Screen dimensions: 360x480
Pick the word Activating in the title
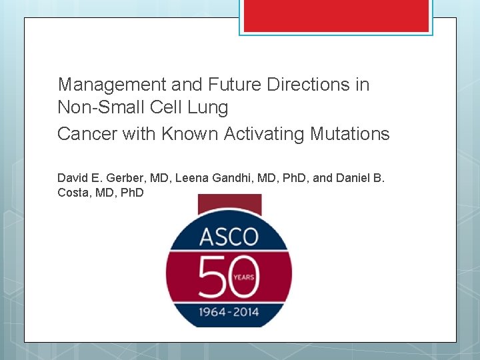[265, 134]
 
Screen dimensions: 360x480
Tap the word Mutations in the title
[350, 134]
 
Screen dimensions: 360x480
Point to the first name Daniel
[354, 178]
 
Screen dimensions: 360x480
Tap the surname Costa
[74, 193]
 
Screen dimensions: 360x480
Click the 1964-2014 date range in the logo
[228, 309]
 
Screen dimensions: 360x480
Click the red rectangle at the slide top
[336, 15]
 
